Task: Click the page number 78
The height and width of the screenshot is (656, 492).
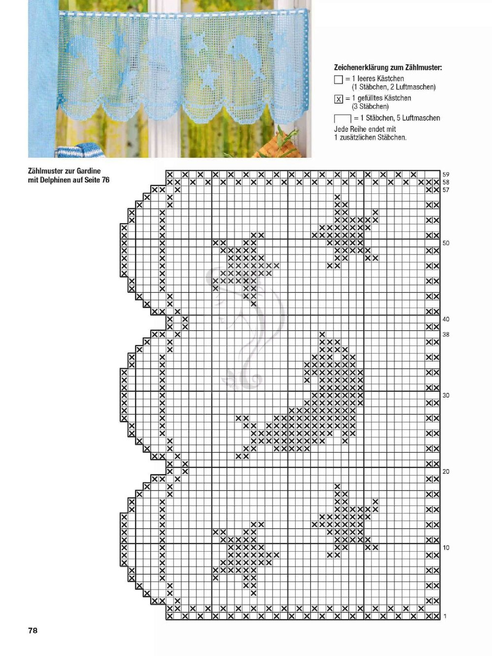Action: (32, 630)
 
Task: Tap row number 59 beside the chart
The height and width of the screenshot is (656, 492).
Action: (446, 175)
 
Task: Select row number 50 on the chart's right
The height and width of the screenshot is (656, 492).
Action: (446, 243)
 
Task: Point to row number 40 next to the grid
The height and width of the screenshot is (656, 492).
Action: (446, 319)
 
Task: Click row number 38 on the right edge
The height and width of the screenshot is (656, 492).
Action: (446, 335)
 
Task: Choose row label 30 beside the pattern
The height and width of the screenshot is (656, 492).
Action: (446, 395)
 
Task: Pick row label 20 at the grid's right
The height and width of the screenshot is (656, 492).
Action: (446, 471)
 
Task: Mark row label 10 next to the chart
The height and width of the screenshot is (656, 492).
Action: (446, 548)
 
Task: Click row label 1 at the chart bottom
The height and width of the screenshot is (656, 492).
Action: (445, 616)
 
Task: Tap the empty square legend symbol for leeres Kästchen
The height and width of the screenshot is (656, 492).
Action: (338, 80)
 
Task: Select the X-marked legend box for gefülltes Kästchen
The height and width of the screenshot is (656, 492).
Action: (338, 99)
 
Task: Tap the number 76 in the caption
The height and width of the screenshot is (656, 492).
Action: (105, 180)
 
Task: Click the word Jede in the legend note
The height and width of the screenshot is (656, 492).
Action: (341, 129)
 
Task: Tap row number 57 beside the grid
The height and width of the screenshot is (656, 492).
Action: (446, 190)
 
